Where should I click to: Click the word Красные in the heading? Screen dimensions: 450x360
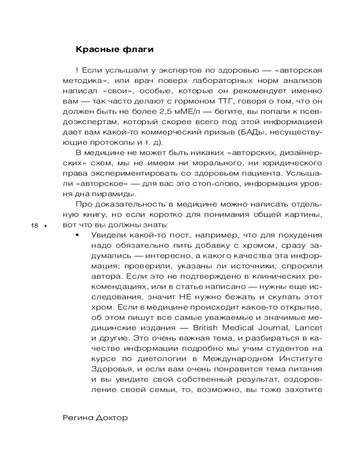click(x=94, y=49)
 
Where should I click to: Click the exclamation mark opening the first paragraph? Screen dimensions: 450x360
click(x=78, y=71)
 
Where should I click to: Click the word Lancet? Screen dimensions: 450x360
click(x=310, y=328)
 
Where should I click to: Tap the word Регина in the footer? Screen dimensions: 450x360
click(x=77, y=418)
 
